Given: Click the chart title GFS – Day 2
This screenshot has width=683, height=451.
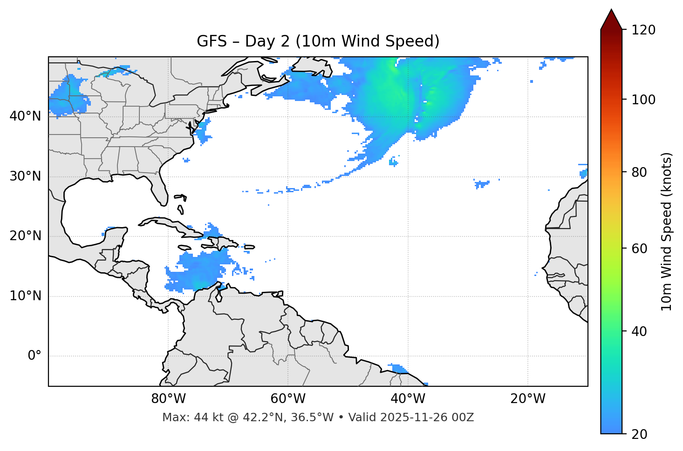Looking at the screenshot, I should pyautogui.click(x=318, y=41).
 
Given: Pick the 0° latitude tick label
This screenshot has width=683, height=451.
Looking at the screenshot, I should pyautogui.click(x=34, y=356).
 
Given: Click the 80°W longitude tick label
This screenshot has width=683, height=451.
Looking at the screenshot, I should pyautogui.click(x=168, y=399).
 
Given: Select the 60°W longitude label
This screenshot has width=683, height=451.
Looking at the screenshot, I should pyautogui.click(x=287, y=399).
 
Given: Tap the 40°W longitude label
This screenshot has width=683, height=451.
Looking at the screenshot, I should pyautogui.click(x=408, y=399).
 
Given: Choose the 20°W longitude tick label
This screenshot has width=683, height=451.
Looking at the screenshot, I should pyautogui.click(x=527, y=399).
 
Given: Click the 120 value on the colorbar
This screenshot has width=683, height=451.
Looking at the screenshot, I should pyautogui.click(x=644, y=30).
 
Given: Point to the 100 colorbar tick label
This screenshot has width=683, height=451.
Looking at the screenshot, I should pyautogui.click(x=644, y=100).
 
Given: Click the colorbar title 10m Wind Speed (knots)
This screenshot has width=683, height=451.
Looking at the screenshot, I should pyautogui.click(x=667, y=231).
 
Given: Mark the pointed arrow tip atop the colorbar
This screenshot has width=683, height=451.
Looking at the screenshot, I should pyautogui.click(x=611, y=10).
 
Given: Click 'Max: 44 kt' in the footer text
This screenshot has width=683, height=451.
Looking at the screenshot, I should pyautogui.click(x=184, y=417).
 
